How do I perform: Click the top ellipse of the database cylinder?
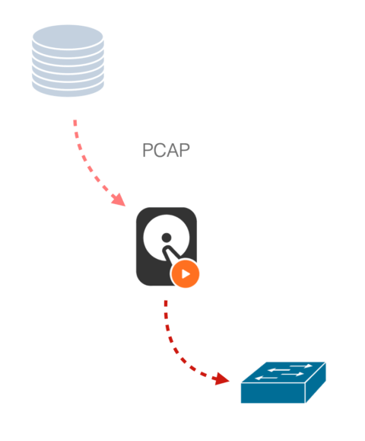pyautogui.click(x=68, y=37)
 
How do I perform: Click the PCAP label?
pyautogui.click(x=166, y=150)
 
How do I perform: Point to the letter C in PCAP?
pyautogui.click(x=160, y=150)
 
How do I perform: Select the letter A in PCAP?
pyautogui.click(x=173, y=150)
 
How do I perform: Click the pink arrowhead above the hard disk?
pyautogui.click(x=119, y=200)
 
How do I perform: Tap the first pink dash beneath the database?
pyautogui.click(x=75, y=123)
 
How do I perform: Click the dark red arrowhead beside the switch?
pyautogui.click(x=221, y=379)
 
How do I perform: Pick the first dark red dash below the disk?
pyautogui.click(x=166, y=303)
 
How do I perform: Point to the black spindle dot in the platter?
pyautogui.click(x=167, y=238)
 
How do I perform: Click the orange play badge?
pyautogui.click(x=186, y=273)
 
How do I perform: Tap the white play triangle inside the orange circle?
pyautogui.click(x=186, y=273)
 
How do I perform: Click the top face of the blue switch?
pyautogui.click(x=284, y=372)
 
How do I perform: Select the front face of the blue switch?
pyautogui.click(x=273, y=393)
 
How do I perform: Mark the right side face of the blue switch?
pyautogui.click(x=316, y=382)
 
